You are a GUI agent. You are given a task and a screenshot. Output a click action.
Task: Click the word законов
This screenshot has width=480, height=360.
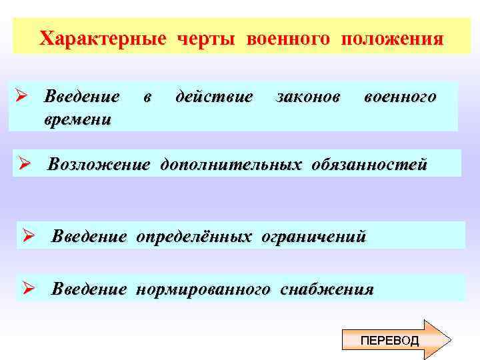point(307,97)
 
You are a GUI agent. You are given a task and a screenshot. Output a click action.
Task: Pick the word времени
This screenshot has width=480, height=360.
point(77,119)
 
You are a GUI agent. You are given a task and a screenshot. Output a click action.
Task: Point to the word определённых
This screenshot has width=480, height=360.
point(195,236)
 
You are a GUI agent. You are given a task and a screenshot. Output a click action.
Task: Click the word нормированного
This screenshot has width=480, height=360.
point(203,289)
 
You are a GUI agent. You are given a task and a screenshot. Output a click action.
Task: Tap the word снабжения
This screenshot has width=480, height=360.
point(327,289)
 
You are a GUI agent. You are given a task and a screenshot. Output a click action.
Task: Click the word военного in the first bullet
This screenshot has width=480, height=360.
point(400,97)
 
